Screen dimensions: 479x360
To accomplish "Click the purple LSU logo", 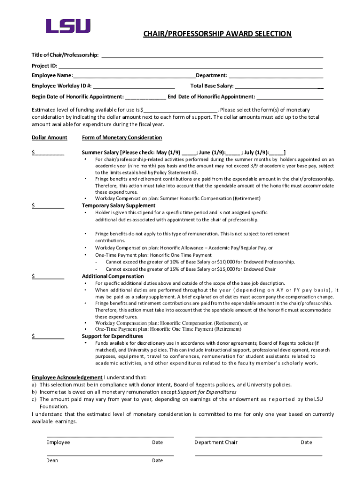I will coord(68,26).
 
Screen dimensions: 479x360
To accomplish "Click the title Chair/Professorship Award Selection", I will coord(217,34).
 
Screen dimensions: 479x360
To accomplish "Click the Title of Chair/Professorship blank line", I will coord(212,56).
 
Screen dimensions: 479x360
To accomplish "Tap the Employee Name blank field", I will coord(134,76).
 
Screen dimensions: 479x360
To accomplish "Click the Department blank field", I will coord(276,76).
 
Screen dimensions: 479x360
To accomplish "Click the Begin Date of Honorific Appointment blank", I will coord(145,97).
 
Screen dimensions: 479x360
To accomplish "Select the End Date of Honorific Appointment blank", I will coord(289,97).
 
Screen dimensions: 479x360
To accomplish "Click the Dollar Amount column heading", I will coord(50,138).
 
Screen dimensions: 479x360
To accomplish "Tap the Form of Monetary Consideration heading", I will coord(122,138).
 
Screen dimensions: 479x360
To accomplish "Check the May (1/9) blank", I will coord(189,152).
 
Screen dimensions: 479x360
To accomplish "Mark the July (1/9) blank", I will coord(276,152).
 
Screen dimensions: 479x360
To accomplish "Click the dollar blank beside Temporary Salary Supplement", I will coord(49,206).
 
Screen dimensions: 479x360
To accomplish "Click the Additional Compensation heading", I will coord(113,276).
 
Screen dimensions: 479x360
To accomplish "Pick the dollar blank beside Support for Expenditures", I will coord(49,336).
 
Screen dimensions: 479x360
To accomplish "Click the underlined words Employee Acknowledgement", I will coord(67,377).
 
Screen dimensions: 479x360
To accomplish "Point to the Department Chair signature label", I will coord(216,443).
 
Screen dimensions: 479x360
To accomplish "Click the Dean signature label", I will coord(52,461).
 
